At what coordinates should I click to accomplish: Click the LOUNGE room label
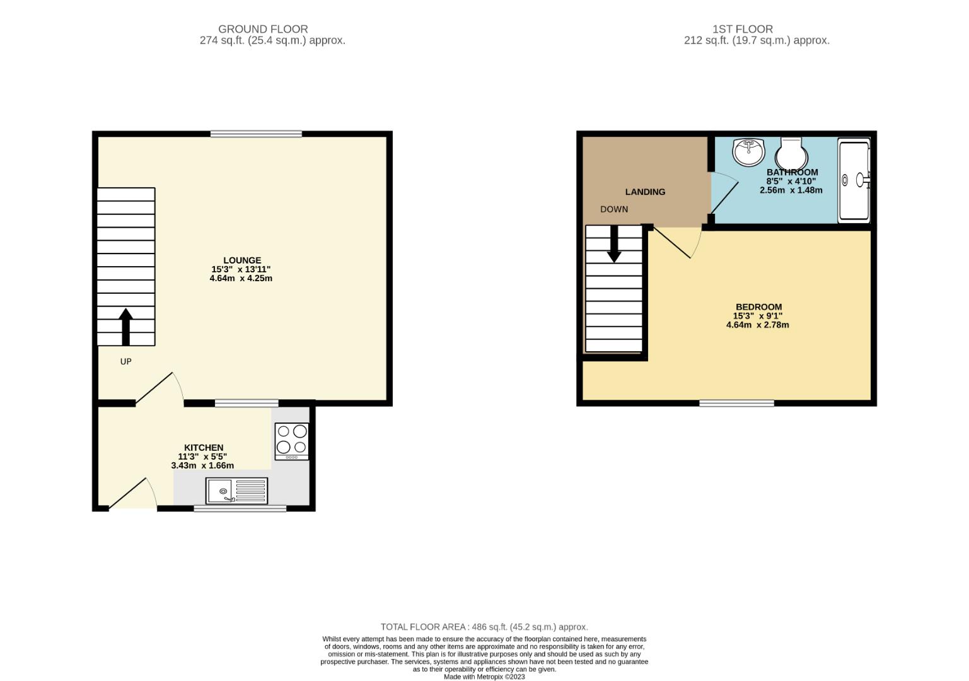point(241,260)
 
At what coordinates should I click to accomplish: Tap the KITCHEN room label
point(203,448)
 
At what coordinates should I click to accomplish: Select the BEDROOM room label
point(758,307)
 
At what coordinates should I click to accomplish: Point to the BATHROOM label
point(792,172)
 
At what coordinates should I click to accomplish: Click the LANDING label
point(645,192)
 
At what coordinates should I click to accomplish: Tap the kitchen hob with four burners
point(292,439)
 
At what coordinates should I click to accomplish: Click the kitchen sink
point(236,491)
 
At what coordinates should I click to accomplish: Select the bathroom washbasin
point(748,151)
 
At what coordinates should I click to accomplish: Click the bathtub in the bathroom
point(854,180)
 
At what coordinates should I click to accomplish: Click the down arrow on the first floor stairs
point(613,243)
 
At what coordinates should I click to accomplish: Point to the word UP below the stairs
point(125,361)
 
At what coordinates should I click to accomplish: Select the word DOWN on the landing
point(613,209)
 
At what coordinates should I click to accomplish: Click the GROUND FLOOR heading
point(263,29)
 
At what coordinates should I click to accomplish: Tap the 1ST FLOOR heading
point(742,29)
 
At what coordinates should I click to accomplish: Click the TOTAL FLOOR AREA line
point(484,627)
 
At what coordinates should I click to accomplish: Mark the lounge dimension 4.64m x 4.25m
point(241,278)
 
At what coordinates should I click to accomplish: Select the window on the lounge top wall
point(256,134)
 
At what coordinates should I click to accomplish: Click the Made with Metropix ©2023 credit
point(484,677)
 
